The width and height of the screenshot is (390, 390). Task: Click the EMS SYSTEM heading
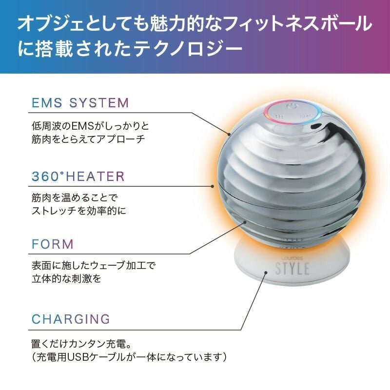(80, 103)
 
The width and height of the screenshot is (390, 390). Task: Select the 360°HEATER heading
(78, 176)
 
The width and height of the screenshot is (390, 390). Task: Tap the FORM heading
(53, 244)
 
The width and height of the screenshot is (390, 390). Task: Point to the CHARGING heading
(71, 319)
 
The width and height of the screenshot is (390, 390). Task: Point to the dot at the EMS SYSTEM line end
(229, 133)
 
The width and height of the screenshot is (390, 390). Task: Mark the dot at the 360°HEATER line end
(212, 185)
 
